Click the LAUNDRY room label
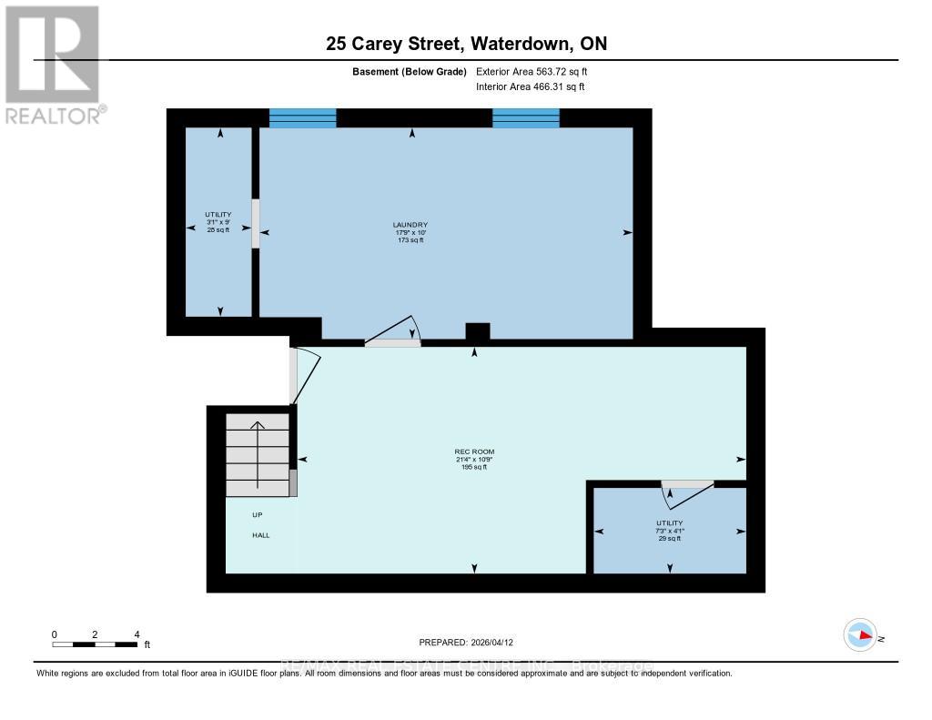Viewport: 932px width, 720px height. click(x=410, y=232)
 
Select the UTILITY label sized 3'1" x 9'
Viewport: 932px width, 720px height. click(x=218, y=222)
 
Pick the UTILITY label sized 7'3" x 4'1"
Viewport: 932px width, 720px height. click(x=669, y=531)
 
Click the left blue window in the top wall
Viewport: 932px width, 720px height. click(x=303, y=117)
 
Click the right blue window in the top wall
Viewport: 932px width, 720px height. click(x=526, y=117)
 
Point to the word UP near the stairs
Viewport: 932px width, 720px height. click(x=258, y=515)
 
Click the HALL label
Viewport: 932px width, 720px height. click(x=261, y=535)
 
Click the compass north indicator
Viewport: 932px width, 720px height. click(x=860, y=634)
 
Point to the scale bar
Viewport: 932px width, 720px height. click(x=96, y=644)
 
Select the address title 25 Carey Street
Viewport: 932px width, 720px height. click(x=466, y=43)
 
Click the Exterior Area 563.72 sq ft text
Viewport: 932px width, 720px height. click(x=538, y=71)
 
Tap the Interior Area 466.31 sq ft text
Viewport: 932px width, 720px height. click(x=530, y=86)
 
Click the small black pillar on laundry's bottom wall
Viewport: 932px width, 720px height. click(x=477, y=331)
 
